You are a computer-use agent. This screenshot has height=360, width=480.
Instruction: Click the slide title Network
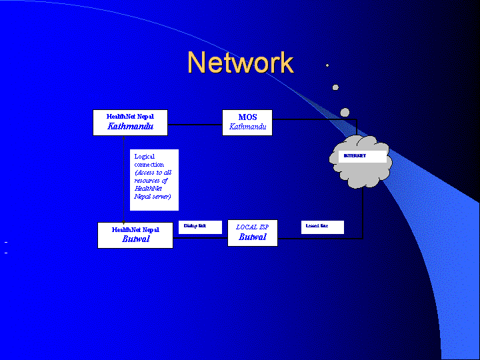[x=240, y=63]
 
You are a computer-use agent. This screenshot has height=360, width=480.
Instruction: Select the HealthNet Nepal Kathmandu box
[x=130, y=122]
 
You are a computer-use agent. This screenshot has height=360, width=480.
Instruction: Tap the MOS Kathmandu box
[x=247, y=122]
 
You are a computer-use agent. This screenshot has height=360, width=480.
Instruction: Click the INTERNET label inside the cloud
[x=355, y=156]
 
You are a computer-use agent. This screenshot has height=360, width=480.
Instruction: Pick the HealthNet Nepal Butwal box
[x=135, y=235]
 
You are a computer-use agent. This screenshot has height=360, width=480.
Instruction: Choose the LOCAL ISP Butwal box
[x=252, y=233]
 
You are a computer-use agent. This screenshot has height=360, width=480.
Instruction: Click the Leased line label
[x=318, y=227]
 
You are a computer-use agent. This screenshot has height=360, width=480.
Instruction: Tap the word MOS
[x=247, y=117]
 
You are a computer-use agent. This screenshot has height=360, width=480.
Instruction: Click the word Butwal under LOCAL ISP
[x=252, y=237]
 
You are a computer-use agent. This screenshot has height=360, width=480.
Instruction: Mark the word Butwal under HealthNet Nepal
[x=135, y=239]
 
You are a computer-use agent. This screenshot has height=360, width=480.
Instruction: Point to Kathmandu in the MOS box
[x=247, y=127]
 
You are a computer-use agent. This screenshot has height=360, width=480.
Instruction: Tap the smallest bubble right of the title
[x=327, y=65]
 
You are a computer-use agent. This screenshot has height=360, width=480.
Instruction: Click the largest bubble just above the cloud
[x=345, y=113]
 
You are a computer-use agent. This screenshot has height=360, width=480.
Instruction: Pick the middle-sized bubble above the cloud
[x=335, y=87]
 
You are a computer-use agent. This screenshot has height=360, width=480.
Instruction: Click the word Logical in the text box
[x=145, y=157]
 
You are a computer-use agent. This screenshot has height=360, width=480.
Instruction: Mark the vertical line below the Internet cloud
[x=363, y=213]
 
